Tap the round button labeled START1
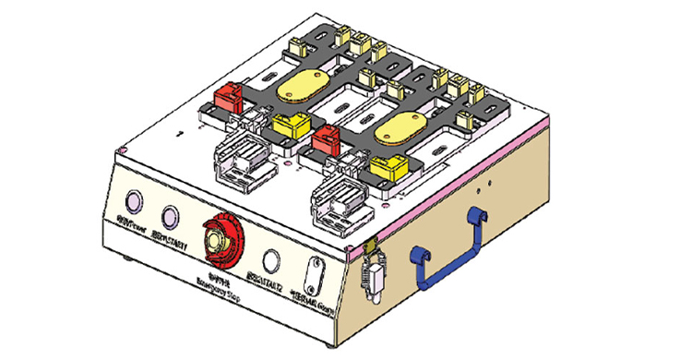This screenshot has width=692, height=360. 170,217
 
